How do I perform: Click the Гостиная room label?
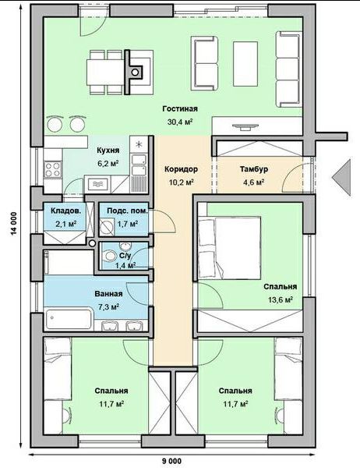click(180, 108)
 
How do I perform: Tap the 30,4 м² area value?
click(180, 122)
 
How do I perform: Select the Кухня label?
click(108, 151)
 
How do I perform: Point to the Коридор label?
click(181, 169)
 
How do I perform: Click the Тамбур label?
click(254, 169)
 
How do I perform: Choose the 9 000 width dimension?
click(173, 461)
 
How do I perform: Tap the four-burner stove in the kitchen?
click(52, 169)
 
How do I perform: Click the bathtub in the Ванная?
click(69, 318)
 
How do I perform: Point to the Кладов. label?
click(65, 211)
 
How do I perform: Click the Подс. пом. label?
click(127, 211)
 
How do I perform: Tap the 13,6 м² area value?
click(281, 299)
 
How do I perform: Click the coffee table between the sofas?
click(245, 64)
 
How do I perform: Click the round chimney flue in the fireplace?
click(136, 72)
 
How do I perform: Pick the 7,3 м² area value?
click(108, 306)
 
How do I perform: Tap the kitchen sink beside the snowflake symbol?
click(139, 165)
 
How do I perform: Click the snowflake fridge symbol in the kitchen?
click(139, 144)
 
